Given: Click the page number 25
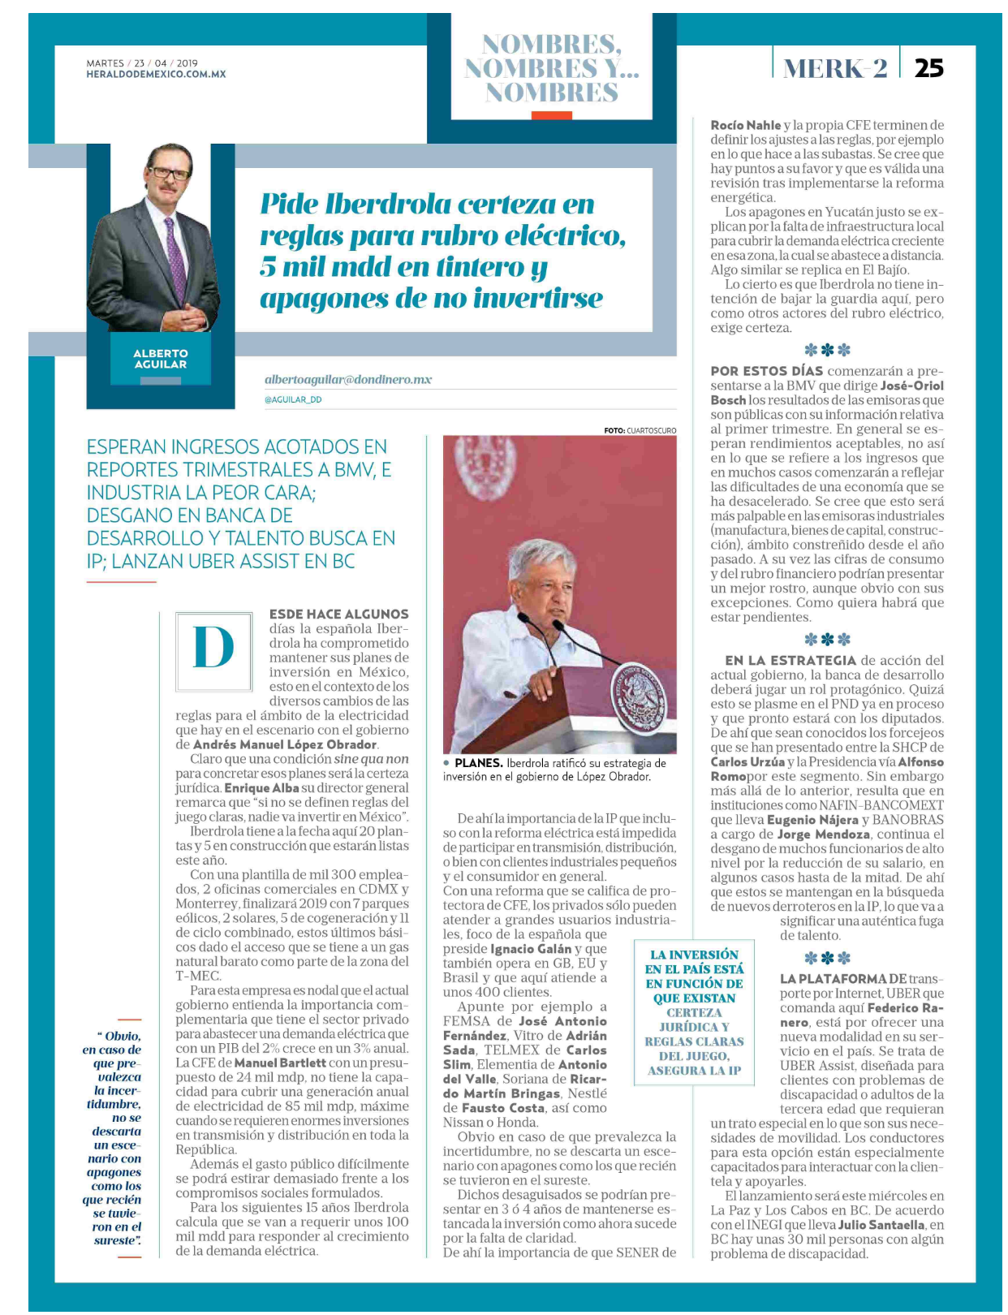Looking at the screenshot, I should coord(928,68).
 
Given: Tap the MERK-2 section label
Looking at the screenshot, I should coord(835,68).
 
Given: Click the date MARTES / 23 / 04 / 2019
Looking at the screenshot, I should coord(142,63).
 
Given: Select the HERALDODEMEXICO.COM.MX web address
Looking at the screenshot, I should coord(156,74).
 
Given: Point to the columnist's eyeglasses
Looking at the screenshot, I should coord(170,173).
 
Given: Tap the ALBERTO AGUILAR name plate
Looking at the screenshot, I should coord(161,359).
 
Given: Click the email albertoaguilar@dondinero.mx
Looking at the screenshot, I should coord(348,379).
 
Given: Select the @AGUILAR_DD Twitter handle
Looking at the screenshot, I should coord(293,399).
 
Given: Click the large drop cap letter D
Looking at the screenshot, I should coord(214,647).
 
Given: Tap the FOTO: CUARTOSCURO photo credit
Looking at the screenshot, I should coord(640,430).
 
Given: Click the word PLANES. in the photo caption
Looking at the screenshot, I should coord(478,763).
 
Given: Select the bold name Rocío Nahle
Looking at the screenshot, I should coord(745,125).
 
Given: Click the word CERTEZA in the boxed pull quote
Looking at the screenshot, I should coord(694,1012).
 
